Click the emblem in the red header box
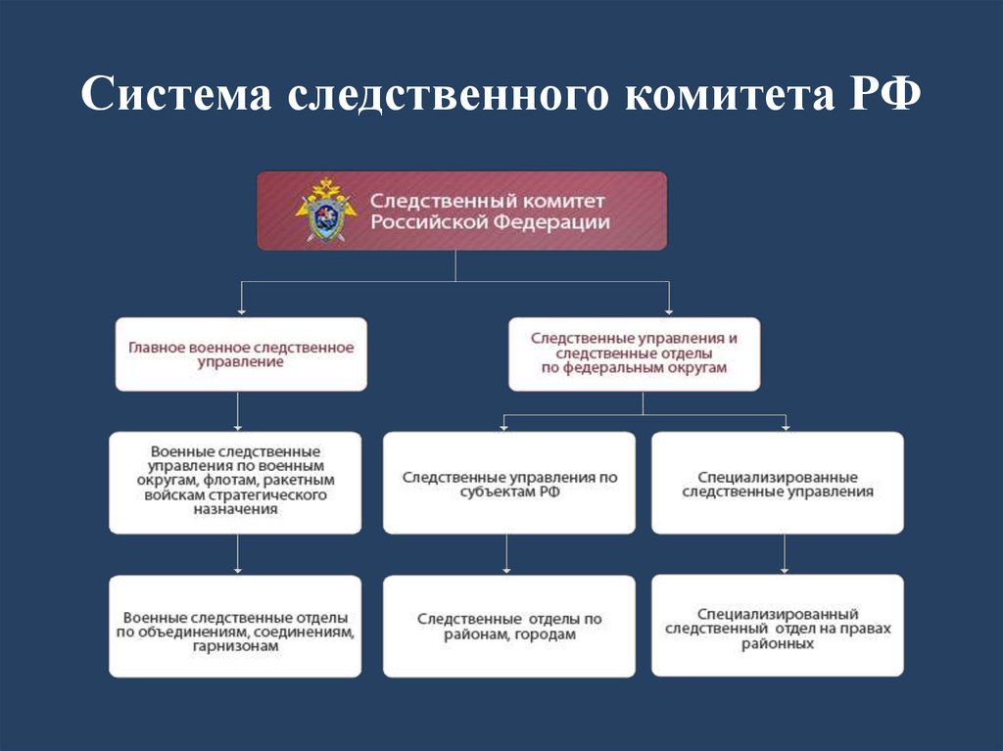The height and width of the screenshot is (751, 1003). (x=325, y=210)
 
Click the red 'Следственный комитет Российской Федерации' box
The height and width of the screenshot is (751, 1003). (x=461, y=211)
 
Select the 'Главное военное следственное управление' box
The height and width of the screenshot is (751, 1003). (x=241, y=354)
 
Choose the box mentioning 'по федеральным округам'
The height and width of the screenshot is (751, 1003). (x=634, y=352)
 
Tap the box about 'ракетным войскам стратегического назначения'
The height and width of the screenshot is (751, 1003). (x=235, y=482)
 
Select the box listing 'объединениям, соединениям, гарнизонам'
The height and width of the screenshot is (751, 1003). (x=235, y=627)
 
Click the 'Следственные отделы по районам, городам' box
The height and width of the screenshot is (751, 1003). (x=509, y=627)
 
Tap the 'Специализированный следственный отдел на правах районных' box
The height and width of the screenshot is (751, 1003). (x=778, y=627)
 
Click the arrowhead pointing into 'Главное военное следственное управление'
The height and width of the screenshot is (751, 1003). (x=241, y=311)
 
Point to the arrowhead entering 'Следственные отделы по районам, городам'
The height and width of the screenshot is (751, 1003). (x=506, y=570)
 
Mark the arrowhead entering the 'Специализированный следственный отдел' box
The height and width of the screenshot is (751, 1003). (x=785, y=570)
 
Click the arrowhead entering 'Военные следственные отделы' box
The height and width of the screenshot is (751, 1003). (x=237, y=570)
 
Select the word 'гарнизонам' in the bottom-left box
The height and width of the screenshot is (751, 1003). (x=235, y=646)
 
